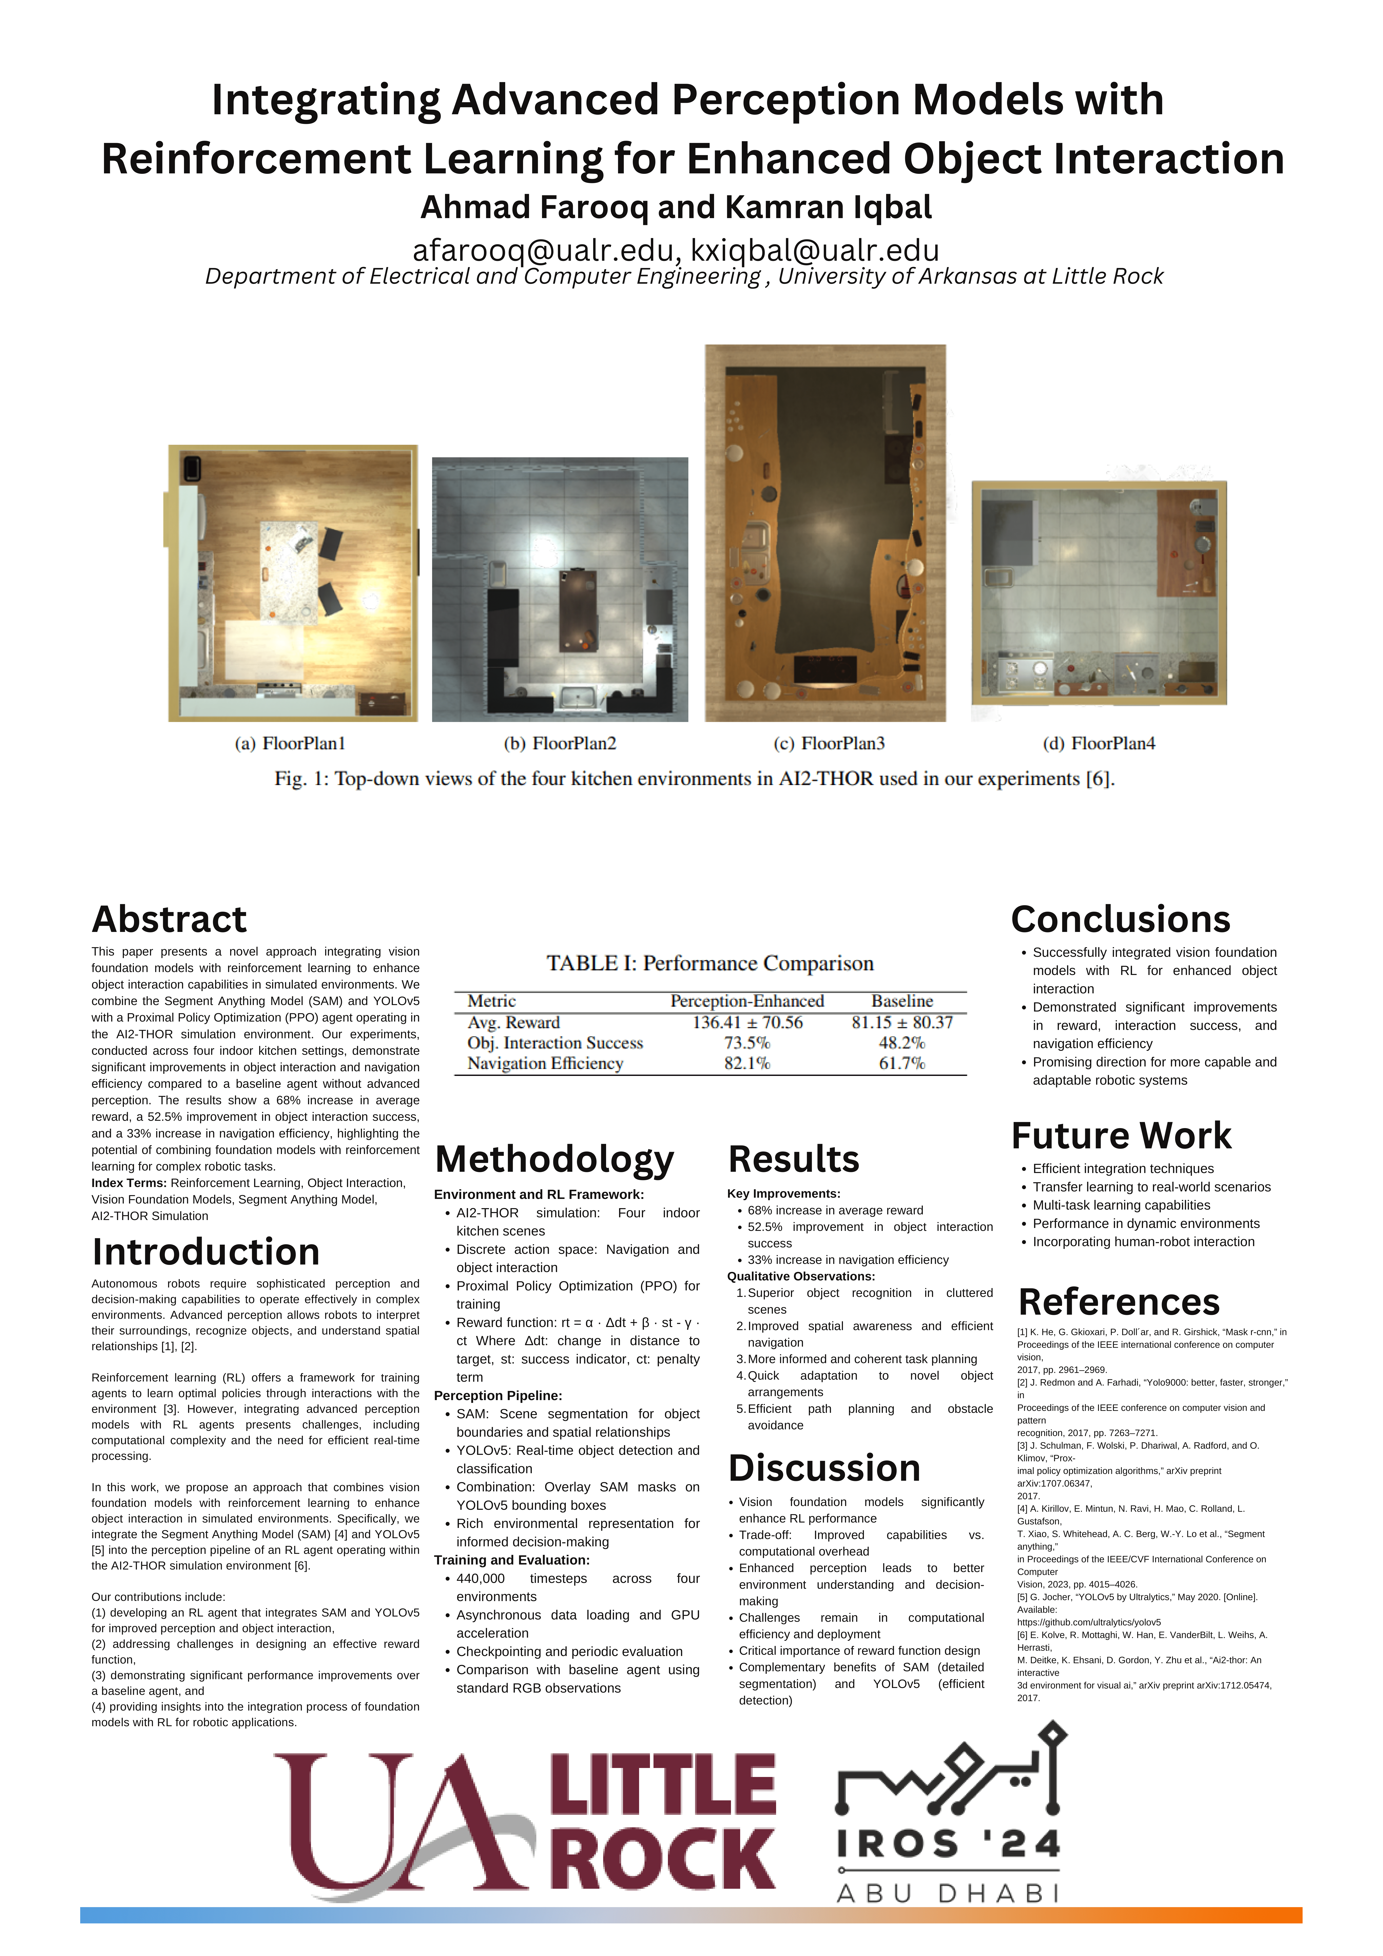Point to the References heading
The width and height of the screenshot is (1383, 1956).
pyautogui.click(x=1118, y=1302)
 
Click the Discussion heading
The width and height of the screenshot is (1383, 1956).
pyautogui.click(x=823, y=1468)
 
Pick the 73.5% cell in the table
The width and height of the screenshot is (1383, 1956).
pyautogui.click(x=747, y=1043)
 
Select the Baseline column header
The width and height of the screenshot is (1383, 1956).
pyautogui.click(x=902, y=1001)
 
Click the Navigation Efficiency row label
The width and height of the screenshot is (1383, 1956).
pyautogui.click(x=545, y=1063)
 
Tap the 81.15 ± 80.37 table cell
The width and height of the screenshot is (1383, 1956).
pyautogui.click(x=902, y=1022)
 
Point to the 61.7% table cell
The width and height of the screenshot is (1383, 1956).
pyautogui.click(x=902, y=1063)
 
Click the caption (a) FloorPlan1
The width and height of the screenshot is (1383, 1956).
pyautogui.click(x=289, y=744)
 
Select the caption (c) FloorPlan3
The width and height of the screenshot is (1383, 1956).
pyautogui.click(x=829, y=744)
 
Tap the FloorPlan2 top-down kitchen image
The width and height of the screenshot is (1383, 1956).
pyautogui.click(x=560, y=590)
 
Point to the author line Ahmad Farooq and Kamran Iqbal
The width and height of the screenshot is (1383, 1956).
pyautogui.click(x=676, y=207)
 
